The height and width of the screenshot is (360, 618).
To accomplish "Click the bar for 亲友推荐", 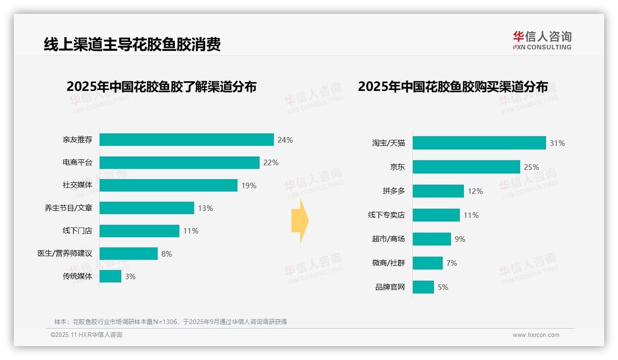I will click(x=187, y=140).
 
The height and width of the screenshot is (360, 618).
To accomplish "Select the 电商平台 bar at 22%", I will click(x=179, y=162).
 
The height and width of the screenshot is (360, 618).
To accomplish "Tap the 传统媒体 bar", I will click(x=110, y=276).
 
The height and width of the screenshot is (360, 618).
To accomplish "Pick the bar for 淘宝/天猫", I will click(x=479, y=143).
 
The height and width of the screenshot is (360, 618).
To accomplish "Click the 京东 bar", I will click(x=466, y=167).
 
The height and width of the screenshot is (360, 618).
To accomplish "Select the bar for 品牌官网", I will click(x=423, y=287).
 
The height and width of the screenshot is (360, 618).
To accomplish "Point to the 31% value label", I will click(x=557, y=143).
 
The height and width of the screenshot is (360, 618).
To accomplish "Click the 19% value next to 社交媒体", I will click(x=249, y=186).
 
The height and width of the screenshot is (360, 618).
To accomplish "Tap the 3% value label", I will click(x=130, y=276).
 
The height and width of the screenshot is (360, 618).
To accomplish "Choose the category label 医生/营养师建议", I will click(x=65, y=253).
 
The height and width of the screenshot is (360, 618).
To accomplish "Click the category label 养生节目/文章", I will click(x=68, y=208).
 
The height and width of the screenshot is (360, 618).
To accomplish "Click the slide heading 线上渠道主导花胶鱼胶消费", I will click(x=132, y=44).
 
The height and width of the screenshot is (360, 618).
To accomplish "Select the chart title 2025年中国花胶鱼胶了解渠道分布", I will click(x=161, y=87).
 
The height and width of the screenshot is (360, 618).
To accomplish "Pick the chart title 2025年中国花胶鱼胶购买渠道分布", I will click(x=453, y=87).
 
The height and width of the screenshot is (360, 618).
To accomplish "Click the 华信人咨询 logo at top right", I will click(x=542, y=40).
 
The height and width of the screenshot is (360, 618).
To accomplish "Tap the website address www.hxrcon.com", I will click(x=536, y=335).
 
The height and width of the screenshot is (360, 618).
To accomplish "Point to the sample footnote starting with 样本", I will click(x=171, y=322).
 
